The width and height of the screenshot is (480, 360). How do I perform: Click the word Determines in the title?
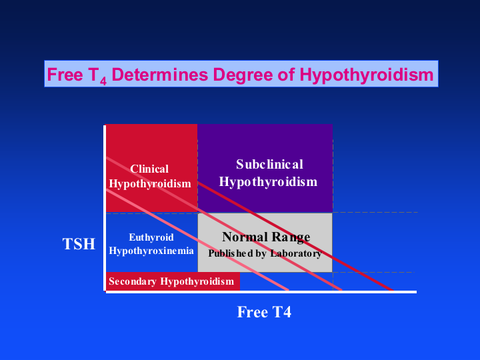(x=160, y=75)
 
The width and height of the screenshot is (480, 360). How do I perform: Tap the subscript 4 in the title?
(x=103, y=81)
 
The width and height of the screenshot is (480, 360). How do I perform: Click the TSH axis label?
(x=79, y=244)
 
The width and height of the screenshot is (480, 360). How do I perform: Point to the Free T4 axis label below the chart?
(x=264, y=312)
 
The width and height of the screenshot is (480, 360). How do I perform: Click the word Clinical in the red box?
(x=149, y=169)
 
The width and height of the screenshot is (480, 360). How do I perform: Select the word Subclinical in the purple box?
(x=269, y=165)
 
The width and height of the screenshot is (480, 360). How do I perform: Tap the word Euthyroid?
(x=151, y=237)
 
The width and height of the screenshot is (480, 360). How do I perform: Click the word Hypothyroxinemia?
(x=151, y=251)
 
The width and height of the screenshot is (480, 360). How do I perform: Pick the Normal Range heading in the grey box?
(x=266, y=237)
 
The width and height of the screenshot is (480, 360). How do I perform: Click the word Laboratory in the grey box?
(x=296, y=253)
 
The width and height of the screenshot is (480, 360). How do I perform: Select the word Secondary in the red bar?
(x=133, y=281)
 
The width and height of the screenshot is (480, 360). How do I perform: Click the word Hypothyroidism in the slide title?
(x=367, y=75)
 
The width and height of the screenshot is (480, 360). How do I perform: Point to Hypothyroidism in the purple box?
(x=268, y=182)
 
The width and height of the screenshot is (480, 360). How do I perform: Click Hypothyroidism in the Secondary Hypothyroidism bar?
(x=197, y=281)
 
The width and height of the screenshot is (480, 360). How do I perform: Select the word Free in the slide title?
(x=65, y=75)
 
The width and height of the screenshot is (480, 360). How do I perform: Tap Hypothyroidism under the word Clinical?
(x=150, y=184)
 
